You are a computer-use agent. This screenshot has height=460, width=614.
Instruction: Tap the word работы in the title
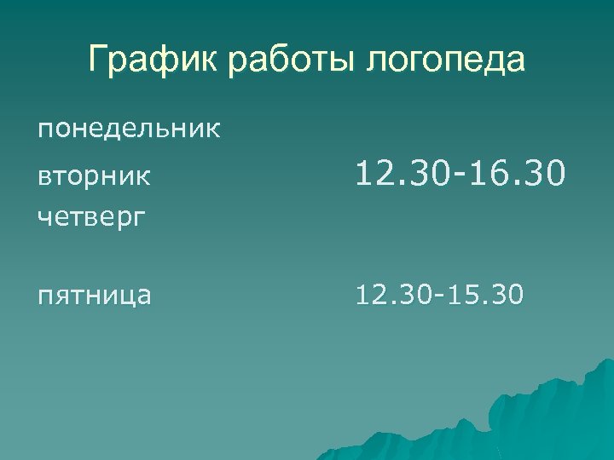287,62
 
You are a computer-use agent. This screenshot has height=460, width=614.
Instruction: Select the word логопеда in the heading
446,62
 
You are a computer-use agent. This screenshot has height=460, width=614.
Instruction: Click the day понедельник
129,130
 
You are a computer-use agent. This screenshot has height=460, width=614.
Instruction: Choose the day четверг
90,217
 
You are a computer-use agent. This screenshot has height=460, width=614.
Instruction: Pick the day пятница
95,296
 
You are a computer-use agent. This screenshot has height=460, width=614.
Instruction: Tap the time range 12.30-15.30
441,296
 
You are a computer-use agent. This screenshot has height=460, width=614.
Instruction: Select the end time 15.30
489,296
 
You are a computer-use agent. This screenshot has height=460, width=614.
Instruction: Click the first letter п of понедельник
43,132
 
